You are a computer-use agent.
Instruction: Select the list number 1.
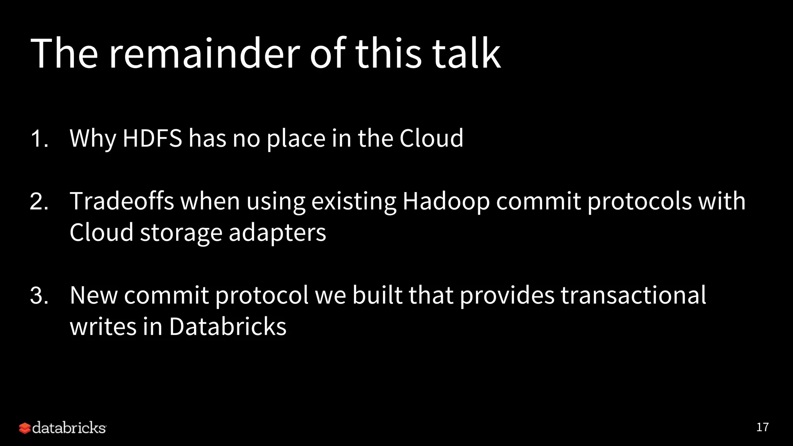pos(39,139)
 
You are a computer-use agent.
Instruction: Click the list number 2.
pos(39,202)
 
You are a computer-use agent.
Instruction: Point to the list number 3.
pos(39,296)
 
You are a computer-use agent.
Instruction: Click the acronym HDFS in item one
pos(152,138)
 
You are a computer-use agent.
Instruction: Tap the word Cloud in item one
pos(431,138)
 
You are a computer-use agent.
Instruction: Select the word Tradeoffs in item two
pos(122,201)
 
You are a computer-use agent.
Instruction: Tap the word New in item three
pos(93,296)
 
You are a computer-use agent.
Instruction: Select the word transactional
pos(633,296)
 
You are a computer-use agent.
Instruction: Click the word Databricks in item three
pos(228,327)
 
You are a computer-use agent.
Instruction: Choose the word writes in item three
pos(103,327)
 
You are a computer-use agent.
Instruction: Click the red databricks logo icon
pos(24,428)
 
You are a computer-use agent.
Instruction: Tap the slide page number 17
pos(762,427)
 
